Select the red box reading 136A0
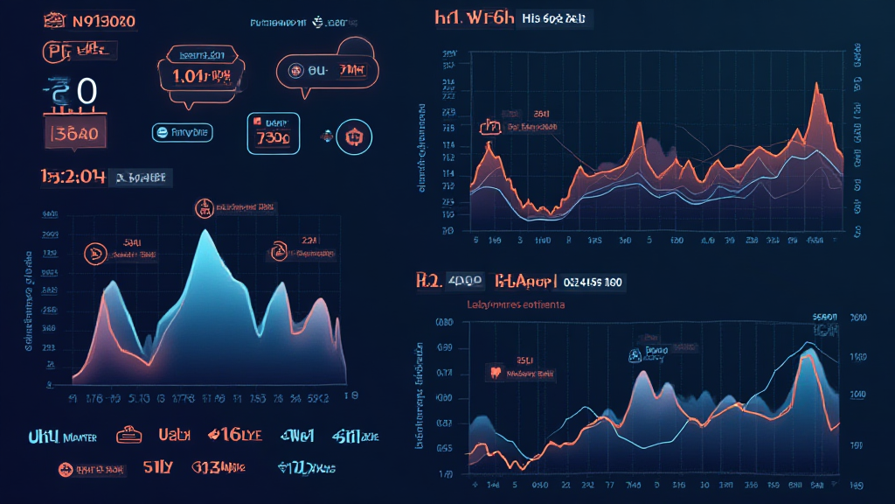pos(75,134)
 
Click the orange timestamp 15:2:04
pos(73,177)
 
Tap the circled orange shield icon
pos(354,136)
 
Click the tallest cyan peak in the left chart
pos(204,232)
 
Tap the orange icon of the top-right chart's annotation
pos(489,128)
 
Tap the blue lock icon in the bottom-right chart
pos(632,355)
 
